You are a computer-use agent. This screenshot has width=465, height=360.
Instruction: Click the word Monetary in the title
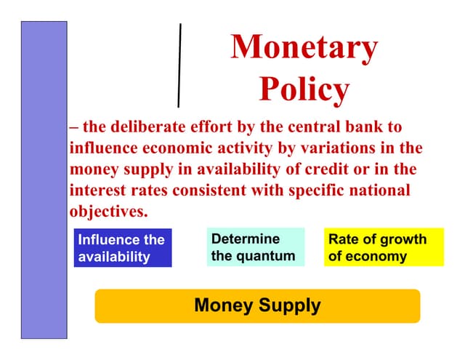click(304, 48)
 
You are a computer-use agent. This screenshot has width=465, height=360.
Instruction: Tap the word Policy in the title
click(304, 89)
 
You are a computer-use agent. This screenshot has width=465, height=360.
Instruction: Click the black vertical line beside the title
click(179, 65)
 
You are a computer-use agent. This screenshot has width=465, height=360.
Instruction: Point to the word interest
click(97, 191)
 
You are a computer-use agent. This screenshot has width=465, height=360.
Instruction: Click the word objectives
click(108, 212)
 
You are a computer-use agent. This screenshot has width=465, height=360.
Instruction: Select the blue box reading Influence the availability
click(122, 248)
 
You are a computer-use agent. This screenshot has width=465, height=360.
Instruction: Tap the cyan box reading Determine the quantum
click(254, 247)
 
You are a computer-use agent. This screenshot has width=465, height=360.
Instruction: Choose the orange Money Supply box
click(257, 305)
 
